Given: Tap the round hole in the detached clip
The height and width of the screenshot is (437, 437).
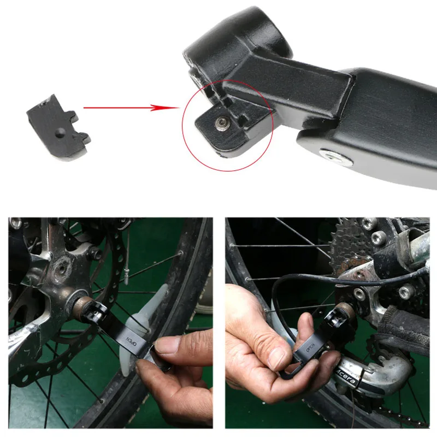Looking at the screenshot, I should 58,132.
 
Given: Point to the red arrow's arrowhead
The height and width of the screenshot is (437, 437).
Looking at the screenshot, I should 174,107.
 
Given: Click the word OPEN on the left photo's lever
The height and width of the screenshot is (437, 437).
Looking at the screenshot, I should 131,342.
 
